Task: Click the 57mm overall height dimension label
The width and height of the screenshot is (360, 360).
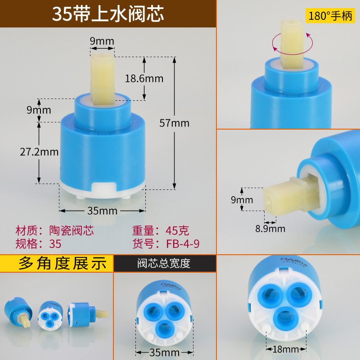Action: click(175, 123)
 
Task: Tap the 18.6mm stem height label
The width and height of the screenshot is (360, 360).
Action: click(144, 79)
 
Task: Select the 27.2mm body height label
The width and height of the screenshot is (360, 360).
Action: click(39, 152)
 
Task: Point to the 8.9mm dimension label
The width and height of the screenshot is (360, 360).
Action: click(270, 229)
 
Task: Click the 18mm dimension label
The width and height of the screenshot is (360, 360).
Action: click(286, 349)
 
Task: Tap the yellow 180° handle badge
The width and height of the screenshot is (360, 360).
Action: click(330, 16)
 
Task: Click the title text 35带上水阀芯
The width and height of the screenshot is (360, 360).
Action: click(108, 14)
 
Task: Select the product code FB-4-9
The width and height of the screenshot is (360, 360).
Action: click(183, 244)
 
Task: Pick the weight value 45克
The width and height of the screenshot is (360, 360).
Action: click(177, 230)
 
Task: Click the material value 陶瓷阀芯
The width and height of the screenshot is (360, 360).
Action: click(72, 230)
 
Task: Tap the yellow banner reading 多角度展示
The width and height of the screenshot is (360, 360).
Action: click(57, 263)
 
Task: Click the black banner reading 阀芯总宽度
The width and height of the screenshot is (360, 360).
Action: click(165, 263)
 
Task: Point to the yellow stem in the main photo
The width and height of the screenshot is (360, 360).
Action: click(103, 79)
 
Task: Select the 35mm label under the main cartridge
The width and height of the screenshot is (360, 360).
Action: click(103, 211)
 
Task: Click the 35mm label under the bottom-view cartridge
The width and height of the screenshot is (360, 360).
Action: click(164, 353)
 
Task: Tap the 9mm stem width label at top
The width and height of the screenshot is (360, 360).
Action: click(102, 41)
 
